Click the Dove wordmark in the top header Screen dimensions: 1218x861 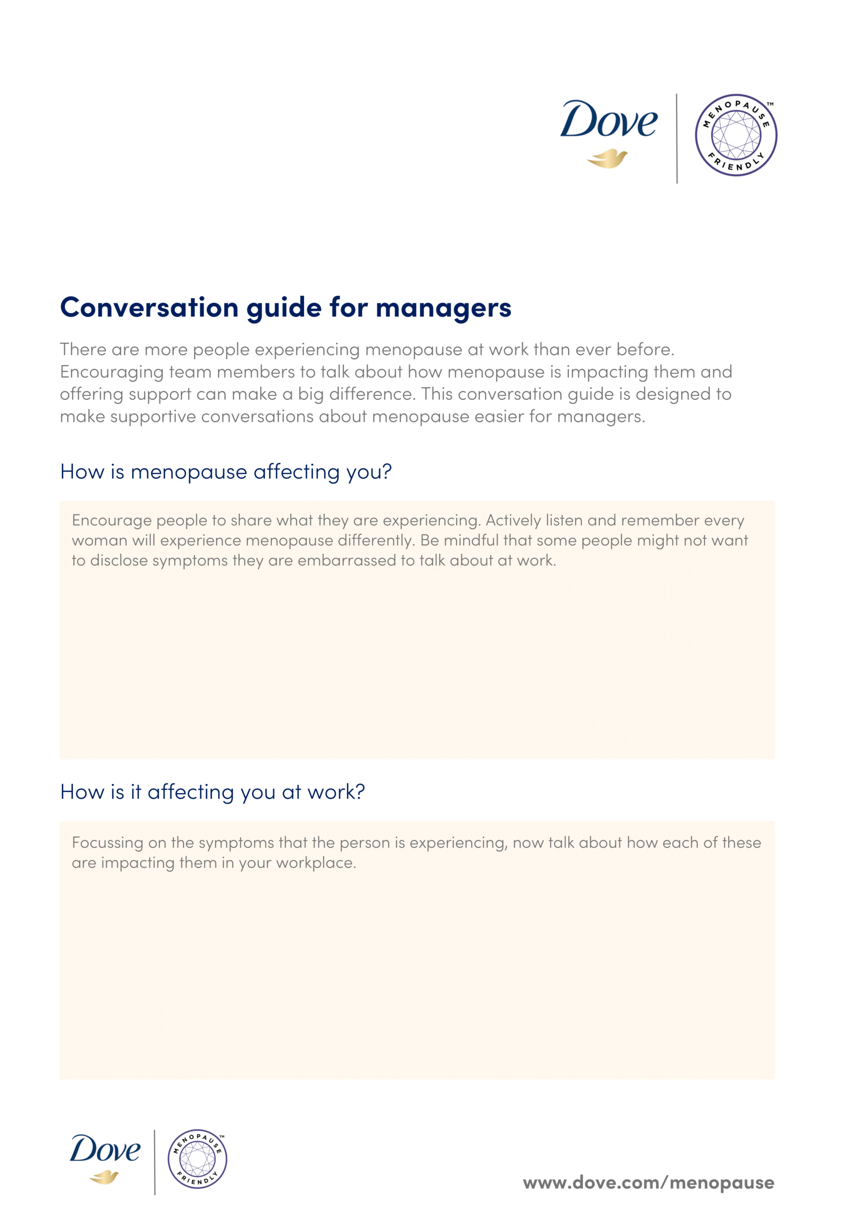tap(608, 120)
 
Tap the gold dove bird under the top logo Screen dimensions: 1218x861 tap(607, 158)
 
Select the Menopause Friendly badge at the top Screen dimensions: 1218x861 tap(736, 135)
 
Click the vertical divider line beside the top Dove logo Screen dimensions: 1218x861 tap(676, 138)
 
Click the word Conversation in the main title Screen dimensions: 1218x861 tap(149, 307)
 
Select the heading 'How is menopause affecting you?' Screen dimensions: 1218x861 tap(226, 471)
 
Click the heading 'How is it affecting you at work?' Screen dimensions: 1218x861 tap(212, 792)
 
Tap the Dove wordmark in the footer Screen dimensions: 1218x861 tap(105, 1149)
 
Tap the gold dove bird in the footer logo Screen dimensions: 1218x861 tap(104, 1177)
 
